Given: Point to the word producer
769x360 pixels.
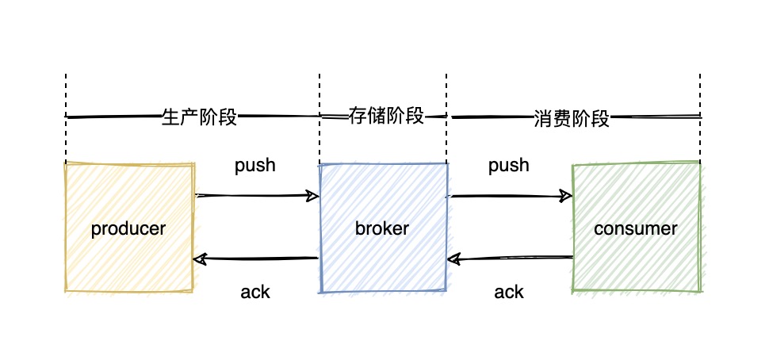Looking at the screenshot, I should coord(128,229).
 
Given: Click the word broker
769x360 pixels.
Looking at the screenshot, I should coord(382,229).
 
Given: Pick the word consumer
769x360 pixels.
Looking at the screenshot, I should coord(636,229).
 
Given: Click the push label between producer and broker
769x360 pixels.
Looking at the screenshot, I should coord(255,166).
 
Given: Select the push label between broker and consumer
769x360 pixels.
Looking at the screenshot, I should coord(509,166).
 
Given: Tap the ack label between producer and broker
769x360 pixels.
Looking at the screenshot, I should coord(255,292).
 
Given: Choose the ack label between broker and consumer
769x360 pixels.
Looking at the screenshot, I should coord(509,292).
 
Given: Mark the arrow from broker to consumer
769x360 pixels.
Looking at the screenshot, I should coord(509,195).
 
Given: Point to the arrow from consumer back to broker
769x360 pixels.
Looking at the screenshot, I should coord(509,259).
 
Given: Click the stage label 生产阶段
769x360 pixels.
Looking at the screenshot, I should coord(199,117).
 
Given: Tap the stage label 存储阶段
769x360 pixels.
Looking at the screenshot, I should coord(387,117).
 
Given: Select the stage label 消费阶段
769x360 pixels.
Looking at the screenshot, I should coord(571,119).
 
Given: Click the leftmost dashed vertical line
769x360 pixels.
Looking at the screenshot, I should coord(66,95).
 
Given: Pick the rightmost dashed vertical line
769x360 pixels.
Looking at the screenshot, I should coord(700,95).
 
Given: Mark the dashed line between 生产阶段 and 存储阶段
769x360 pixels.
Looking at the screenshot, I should coord(319,95).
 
